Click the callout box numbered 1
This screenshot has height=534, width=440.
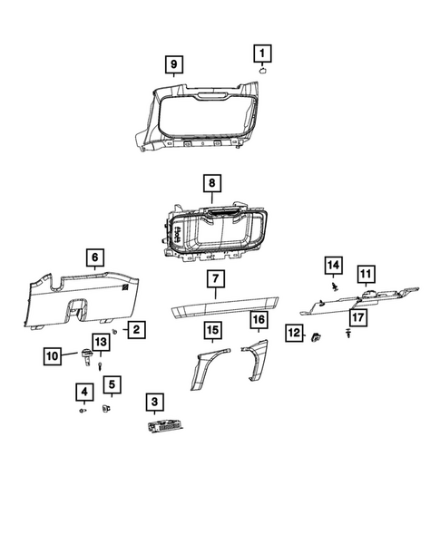(261, 53)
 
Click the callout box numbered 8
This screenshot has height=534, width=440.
(211, 184)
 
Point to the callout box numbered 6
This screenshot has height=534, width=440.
(93, 257)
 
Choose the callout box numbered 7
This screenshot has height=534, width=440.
(214, 278)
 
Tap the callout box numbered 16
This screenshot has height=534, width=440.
(258, 321)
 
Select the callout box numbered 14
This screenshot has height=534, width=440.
(333, 265)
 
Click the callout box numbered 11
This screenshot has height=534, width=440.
(365, 273)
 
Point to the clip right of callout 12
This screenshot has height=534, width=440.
(317, 338)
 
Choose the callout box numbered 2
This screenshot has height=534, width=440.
(134, 330)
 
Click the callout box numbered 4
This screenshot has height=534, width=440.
(83, 392)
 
